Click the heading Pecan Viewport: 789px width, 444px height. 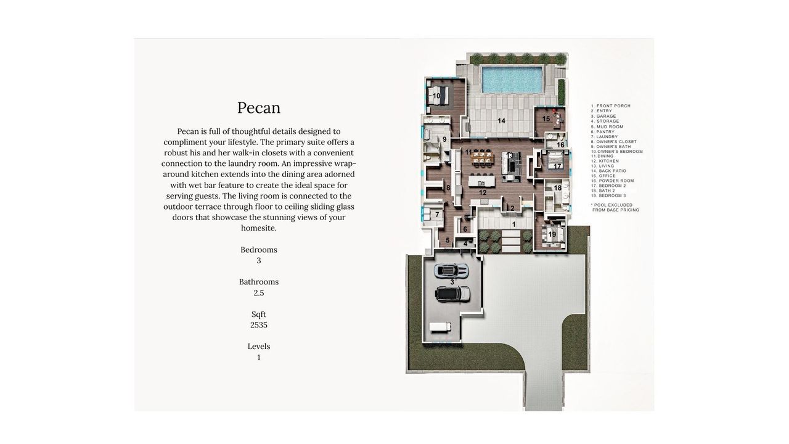(x=259, y=108)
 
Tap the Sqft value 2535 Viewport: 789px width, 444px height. (x=259, y=325)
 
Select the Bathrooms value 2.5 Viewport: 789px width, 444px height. (x=259, y=293)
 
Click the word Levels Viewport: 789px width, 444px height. (x=259, y=347)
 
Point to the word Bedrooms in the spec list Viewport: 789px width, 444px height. (x=259, y=250)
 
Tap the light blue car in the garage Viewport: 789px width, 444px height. (x=451, y=270)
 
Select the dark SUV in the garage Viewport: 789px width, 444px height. (x=452, y=294)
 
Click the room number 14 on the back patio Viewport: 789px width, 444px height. (x=502, y=121)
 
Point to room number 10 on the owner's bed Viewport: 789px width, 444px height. (x=436, y=96)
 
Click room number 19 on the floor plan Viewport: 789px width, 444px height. (x=552, y=234)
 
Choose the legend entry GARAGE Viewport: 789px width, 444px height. (x=607, y=117)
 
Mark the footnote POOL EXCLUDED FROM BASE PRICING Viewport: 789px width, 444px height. (x=615, y=207)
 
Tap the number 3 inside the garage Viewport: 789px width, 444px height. (x=452, y=282)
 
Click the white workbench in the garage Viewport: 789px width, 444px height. (x=439, y=327)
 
